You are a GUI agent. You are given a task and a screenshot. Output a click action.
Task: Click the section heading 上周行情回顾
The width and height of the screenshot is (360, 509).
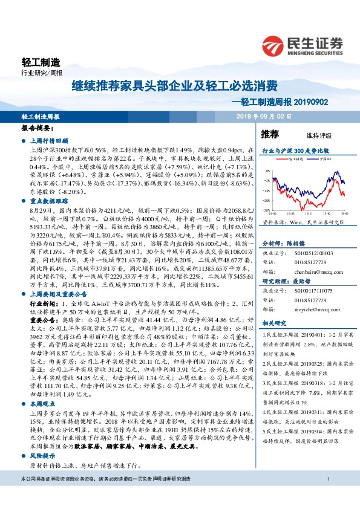50,139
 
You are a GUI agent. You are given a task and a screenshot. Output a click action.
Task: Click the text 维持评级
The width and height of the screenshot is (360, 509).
310,135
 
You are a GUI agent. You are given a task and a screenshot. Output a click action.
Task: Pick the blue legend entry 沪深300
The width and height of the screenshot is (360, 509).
321,159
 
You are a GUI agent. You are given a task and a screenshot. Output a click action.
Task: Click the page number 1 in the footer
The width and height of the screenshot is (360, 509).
327,496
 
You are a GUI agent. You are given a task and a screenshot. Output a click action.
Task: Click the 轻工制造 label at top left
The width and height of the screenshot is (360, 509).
41,62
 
